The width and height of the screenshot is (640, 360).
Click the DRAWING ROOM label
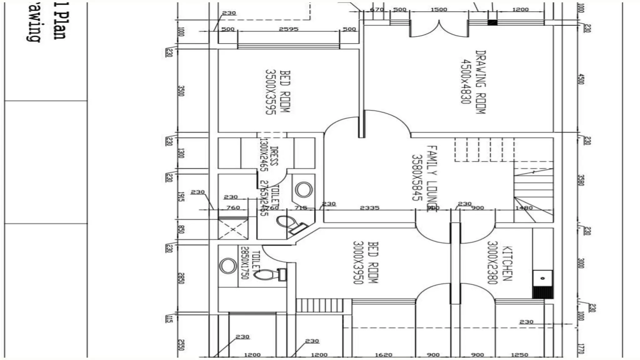pos(481,82)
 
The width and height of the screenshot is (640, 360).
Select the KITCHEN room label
pos(507,263)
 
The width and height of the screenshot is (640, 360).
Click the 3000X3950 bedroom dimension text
pos(358,262)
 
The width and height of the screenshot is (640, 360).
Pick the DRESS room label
pos(274,156)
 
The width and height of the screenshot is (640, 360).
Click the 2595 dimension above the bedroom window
pos(288,29)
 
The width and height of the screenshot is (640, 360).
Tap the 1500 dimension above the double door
pos(439,9)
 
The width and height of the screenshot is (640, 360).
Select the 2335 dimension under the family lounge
pos(369,208)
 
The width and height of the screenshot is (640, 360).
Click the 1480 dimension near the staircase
pos(524,208)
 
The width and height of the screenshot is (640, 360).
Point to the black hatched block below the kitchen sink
pos(543,293)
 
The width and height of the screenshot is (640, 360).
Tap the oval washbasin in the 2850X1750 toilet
pos(228,266)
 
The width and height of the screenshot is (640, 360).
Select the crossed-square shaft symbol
pos(233,229)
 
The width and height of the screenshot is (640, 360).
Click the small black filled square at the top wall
pos(492,22)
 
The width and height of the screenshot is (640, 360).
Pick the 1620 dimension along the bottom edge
pos(383,355)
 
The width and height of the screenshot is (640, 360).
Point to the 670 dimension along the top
pos(377,9)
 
